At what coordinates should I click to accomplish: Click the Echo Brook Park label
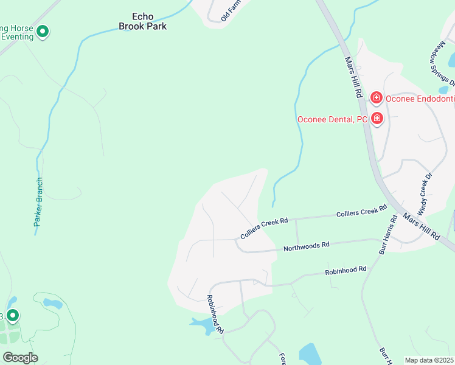click(142, 22)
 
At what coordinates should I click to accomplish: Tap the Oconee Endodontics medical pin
click(377, 97)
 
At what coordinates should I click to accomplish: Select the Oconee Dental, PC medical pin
click(377, 118)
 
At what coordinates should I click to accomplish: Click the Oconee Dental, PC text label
click(332, 119)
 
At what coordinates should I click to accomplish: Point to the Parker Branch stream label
click(38, 203)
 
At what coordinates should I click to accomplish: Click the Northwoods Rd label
click(306, 246)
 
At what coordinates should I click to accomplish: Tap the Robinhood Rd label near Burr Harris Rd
click(346, 269)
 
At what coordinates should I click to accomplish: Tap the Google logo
click(20, 358)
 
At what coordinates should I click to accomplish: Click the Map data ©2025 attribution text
click(429, 360)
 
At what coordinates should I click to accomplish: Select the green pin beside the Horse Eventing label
click(43, 31)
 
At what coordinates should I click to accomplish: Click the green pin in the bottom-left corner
click(13, 316)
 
